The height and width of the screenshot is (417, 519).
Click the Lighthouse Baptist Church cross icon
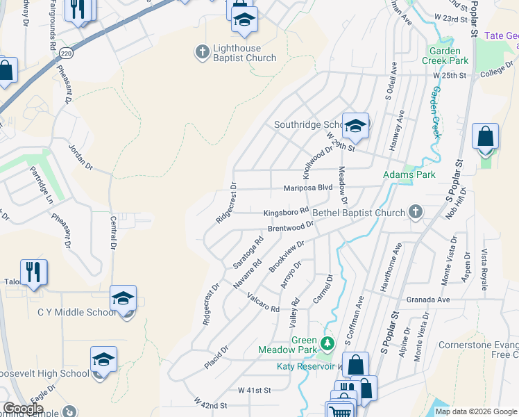pos(202,51)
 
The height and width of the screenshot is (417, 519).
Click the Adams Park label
pos(409,174)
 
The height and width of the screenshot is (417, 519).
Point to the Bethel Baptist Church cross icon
pos(416,213)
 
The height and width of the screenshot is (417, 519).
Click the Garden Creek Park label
pos(445,56)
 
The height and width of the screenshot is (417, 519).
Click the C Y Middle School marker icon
pos(123,299)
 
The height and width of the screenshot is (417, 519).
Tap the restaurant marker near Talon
pos(33,272)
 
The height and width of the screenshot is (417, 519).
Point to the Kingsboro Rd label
pos(286,213)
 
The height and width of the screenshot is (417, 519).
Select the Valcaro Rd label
pos(263,302)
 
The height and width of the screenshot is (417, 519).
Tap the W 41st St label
pos(254,391)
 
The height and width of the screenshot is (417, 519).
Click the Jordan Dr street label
pos(80,156)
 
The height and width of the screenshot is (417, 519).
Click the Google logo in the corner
pos(22,409)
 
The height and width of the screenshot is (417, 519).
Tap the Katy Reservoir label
pos(305,366)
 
